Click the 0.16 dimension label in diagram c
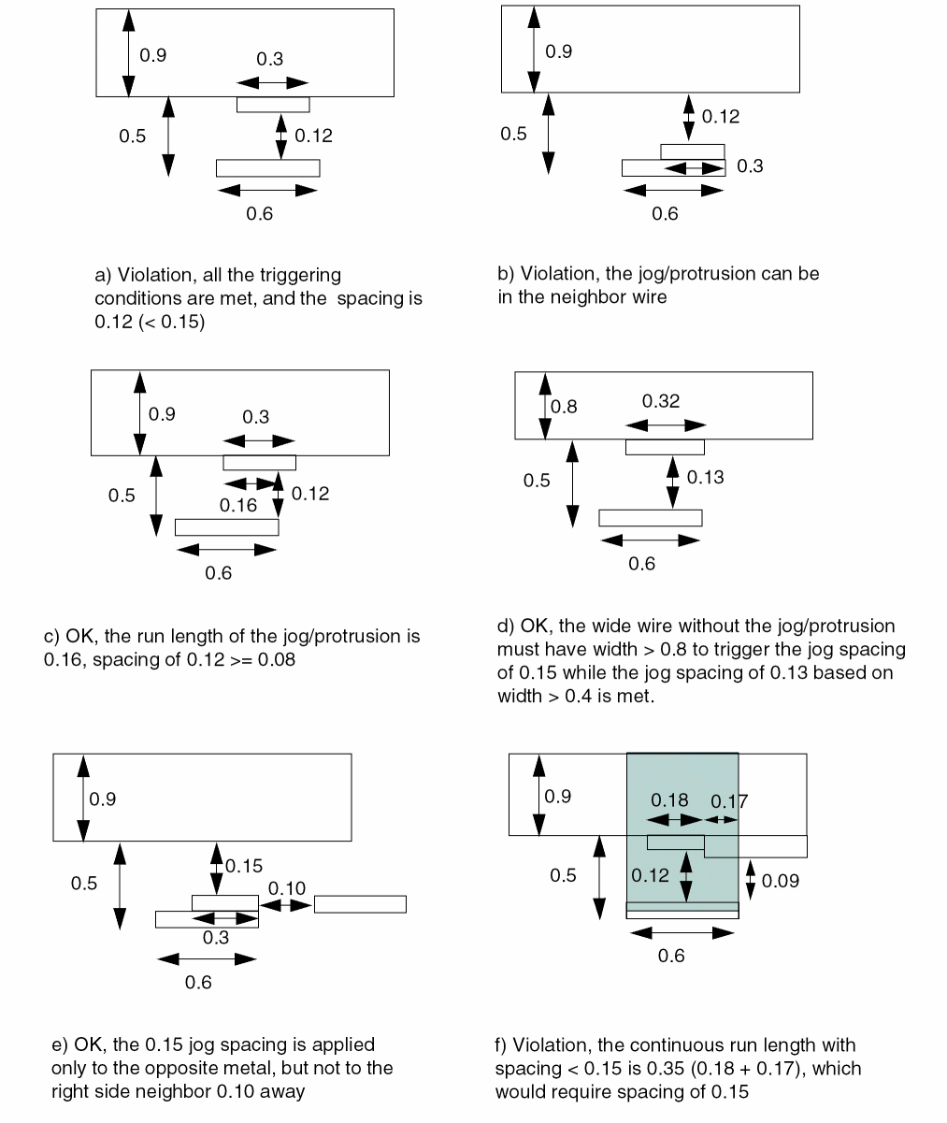coord(237,506)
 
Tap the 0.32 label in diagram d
coord(661,401)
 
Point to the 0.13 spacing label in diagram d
coord(705,477)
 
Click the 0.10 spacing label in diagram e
coord(287,887)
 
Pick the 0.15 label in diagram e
coord(244,866)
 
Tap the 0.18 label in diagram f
coord(669,799)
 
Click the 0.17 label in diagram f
coord(729,800)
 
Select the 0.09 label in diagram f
coord(781,881)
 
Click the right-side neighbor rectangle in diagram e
coord(360,904)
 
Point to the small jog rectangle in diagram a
coord(273,105)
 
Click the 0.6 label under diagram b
coord(665,214)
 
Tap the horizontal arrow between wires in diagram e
coord(286,905)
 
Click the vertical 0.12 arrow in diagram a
coord(280,136)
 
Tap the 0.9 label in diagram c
coord(163,414)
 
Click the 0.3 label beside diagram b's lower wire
coord(750,166)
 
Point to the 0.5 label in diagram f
coord(563,875)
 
